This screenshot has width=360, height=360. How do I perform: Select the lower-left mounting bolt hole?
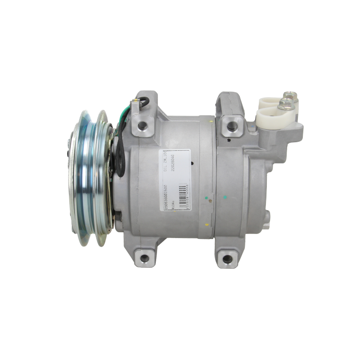click(x=145, y=258)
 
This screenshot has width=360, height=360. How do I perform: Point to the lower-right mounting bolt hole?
click(x=225, y=260)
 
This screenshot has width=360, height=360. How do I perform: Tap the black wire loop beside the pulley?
click(x=122, y=155)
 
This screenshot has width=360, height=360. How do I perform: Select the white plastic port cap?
click(x=270, y=112)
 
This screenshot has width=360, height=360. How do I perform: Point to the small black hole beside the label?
click(x=191, y=164)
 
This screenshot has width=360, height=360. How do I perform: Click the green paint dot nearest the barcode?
click(x=206, y=197)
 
